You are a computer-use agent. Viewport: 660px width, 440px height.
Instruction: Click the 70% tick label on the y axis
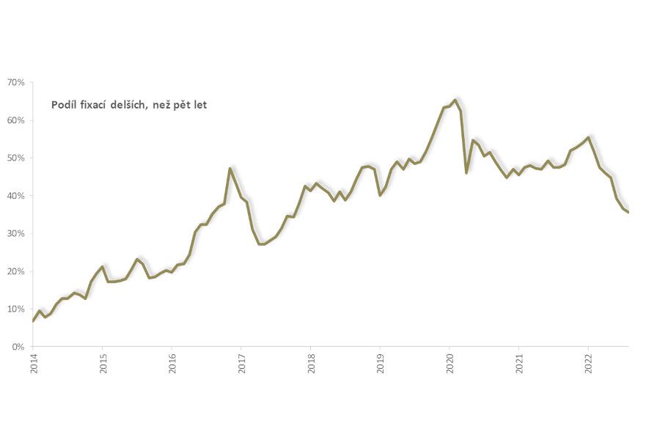pyautogui.click(x=16, y=82)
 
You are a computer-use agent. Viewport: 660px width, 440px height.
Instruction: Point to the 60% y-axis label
pyautogui.click(x=16, y=120)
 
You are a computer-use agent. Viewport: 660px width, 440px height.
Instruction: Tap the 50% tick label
pyautogui.click(x=16, y=158)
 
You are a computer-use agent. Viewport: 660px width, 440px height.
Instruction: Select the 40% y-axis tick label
pyautogui.click(x=16, y=196)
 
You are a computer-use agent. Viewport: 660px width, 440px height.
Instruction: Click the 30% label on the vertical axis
pyautogui.click(x=16, y=233)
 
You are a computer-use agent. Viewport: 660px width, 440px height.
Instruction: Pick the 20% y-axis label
pyautogui.click(x=16, y=271)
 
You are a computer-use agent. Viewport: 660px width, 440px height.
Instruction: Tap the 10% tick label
pyautogui.click(x=16, y=309)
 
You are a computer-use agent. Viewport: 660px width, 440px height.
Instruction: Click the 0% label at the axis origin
pyautogui.click(x=18, y=347)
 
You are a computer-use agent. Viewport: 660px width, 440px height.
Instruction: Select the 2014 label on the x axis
pyautogui.click(x=34, y=364)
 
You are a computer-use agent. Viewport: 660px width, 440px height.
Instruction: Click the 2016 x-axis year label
pyautogui.click(x=172, y=364)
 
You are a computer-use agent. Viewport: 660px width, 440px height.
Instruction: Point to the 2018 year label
pyautogui.click(x=311, y=364)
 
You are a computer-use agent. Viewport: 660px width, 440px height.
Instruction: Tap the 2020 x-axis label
pyautogui.click(x=450, y=364)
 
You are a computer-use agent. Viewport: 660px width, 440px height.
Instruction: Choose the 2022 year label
pyautogui.click(x=588, y=364)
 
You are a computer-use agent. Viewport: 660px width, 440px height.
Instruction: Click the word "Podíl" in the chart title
pyautogui.click(x=65, y=105)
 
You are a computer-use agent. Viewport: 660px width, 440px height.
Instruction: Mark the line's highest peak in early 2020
pyautogui.click(x=455, y=100)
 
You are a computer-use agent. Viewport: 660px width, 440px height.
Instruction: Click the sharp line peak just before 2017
pyautogui.click(x=230, y=169)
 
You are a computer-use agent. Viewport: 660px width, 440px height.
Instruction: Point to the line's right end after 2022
pyautogui.click(x=628, y=212)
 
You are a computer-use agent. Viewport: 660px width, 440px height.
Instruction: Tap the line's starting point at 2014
pyautogui.click(x=34, y=321)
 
